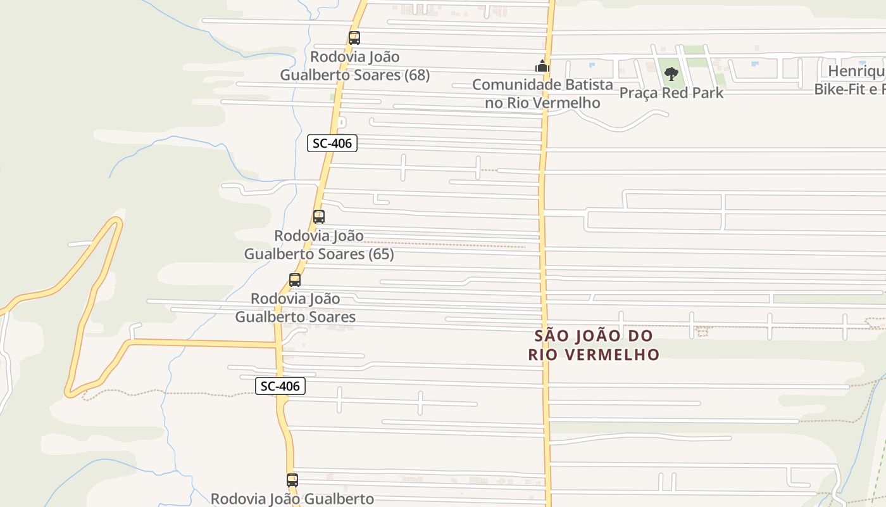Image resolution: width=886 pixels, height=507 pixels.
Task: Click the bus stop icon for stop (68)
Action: click(x=354, y=38)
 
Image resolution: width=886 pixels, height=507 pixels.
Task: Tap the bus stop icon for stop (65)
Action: click(x=319, y=217)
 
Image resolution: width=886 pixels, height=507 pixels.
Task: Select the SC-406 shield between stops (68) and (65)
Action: click(x=332, y=143)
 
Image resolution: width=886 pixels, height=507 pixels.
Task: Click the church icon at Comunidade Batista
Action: click(x=542, y=66)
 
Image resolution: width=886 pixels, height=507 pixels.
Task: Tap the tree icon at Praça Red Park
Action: click(x=671, y=75)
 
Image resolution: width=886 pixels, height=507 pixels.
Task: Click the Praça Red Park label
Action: click(x=671, y=93)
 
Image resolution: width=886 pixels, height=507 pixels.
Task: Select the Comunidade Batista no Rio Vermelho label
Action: click(x=542, y=93)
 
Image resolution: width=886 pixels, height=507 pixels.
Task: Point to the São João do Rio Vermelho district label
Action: click(x=594, y=345)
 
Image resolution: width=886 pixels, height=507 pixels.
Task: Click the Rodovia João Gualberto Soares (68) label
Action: click(x=355, y=66)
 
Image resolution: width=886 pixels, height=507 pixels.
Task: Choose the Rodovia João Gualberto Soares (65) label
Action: click(x=319, y=245)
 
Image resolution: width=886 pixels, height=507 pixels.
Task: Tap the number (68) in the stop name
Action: click(x=416, y=75)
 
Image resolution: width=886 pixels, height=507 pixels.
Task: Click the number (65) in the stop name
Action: click(x=380, y=254)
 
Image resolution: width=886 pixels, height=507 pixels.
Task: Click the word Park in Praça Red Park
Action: click(x=708, y=93)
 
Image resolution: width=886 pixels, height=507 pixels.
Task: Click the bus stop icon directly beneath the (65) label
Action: click(x=295, y=280)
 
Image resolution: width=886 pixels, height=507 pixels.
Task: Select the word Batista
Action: click(x=589, y=84)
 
